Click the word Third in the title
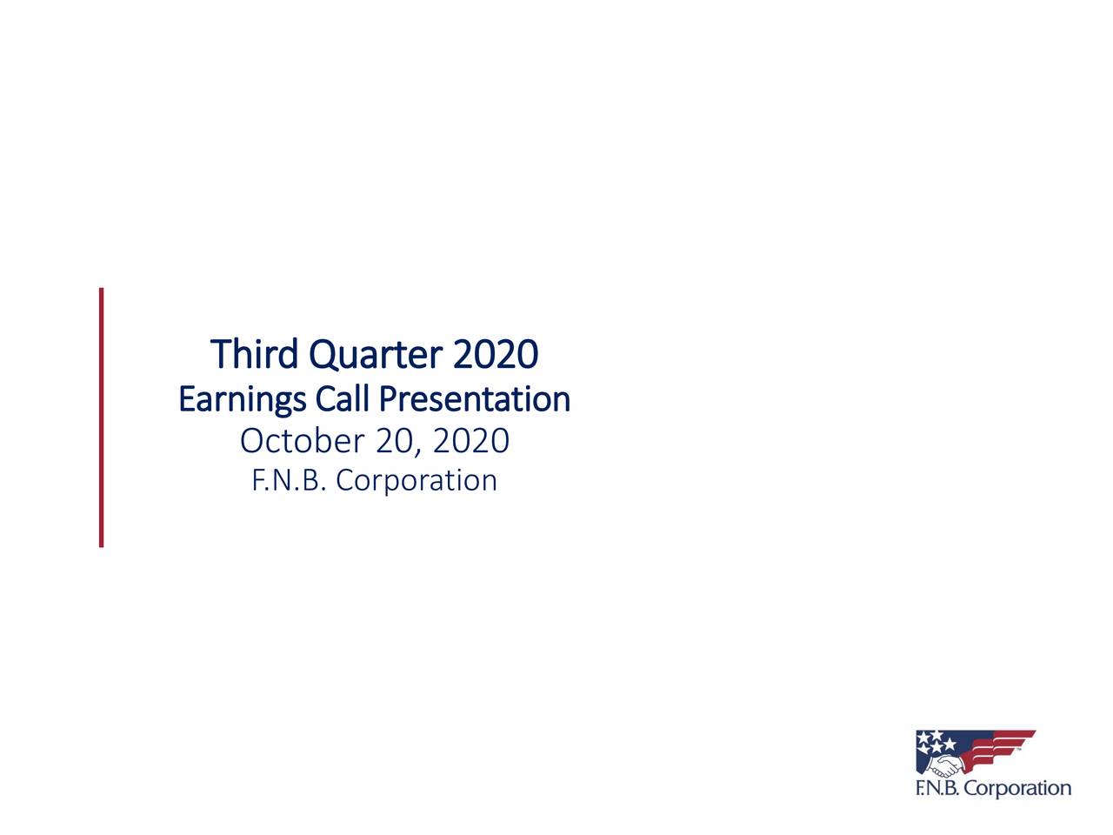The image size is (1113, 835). click(x=255, y=354)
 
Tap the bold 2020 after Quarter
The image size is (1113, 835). click(x=495, y=354)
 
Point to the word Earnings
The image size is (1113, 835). click(x=242, y=400)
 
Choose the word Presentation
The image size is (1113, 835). click(x=475, y=399)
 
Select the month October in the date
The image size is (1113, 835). click(x=302, y=441)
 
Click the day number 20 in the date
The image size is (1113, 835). click(x=393, y=441)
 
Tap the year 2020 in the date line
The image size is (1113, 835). click(x=470, y=441)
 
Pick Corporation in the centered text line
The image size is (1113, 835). click(x=417, y=481)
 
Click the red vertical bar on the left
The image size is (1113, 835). click(x=102, y=417)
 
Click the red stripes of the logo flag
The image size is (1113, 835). click(x=1000, y=748)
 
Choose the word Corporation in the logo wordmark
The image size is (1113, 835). click(x=1018, y=789)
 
